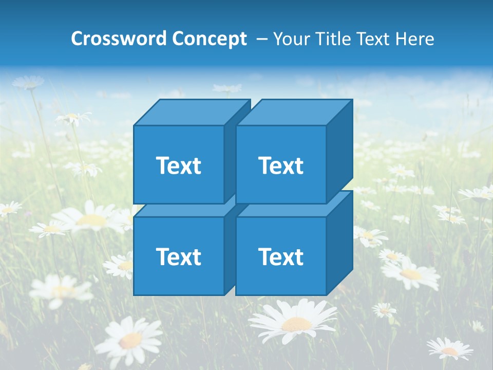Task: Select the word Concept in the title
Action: coord(209,39)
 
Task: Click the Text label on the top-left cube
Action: coord(178,165)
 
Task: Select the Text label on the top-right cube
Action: coord(280,165)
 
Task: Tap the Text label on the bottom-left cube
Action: coord(178,256)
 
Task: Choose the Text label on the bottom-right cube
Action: coord(280,256)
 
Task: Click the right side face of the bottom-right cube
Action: coord(339,243)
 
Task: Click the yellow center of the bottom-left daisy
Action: coord(131,340)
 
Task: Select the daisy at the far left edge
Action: coord(9,209)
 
